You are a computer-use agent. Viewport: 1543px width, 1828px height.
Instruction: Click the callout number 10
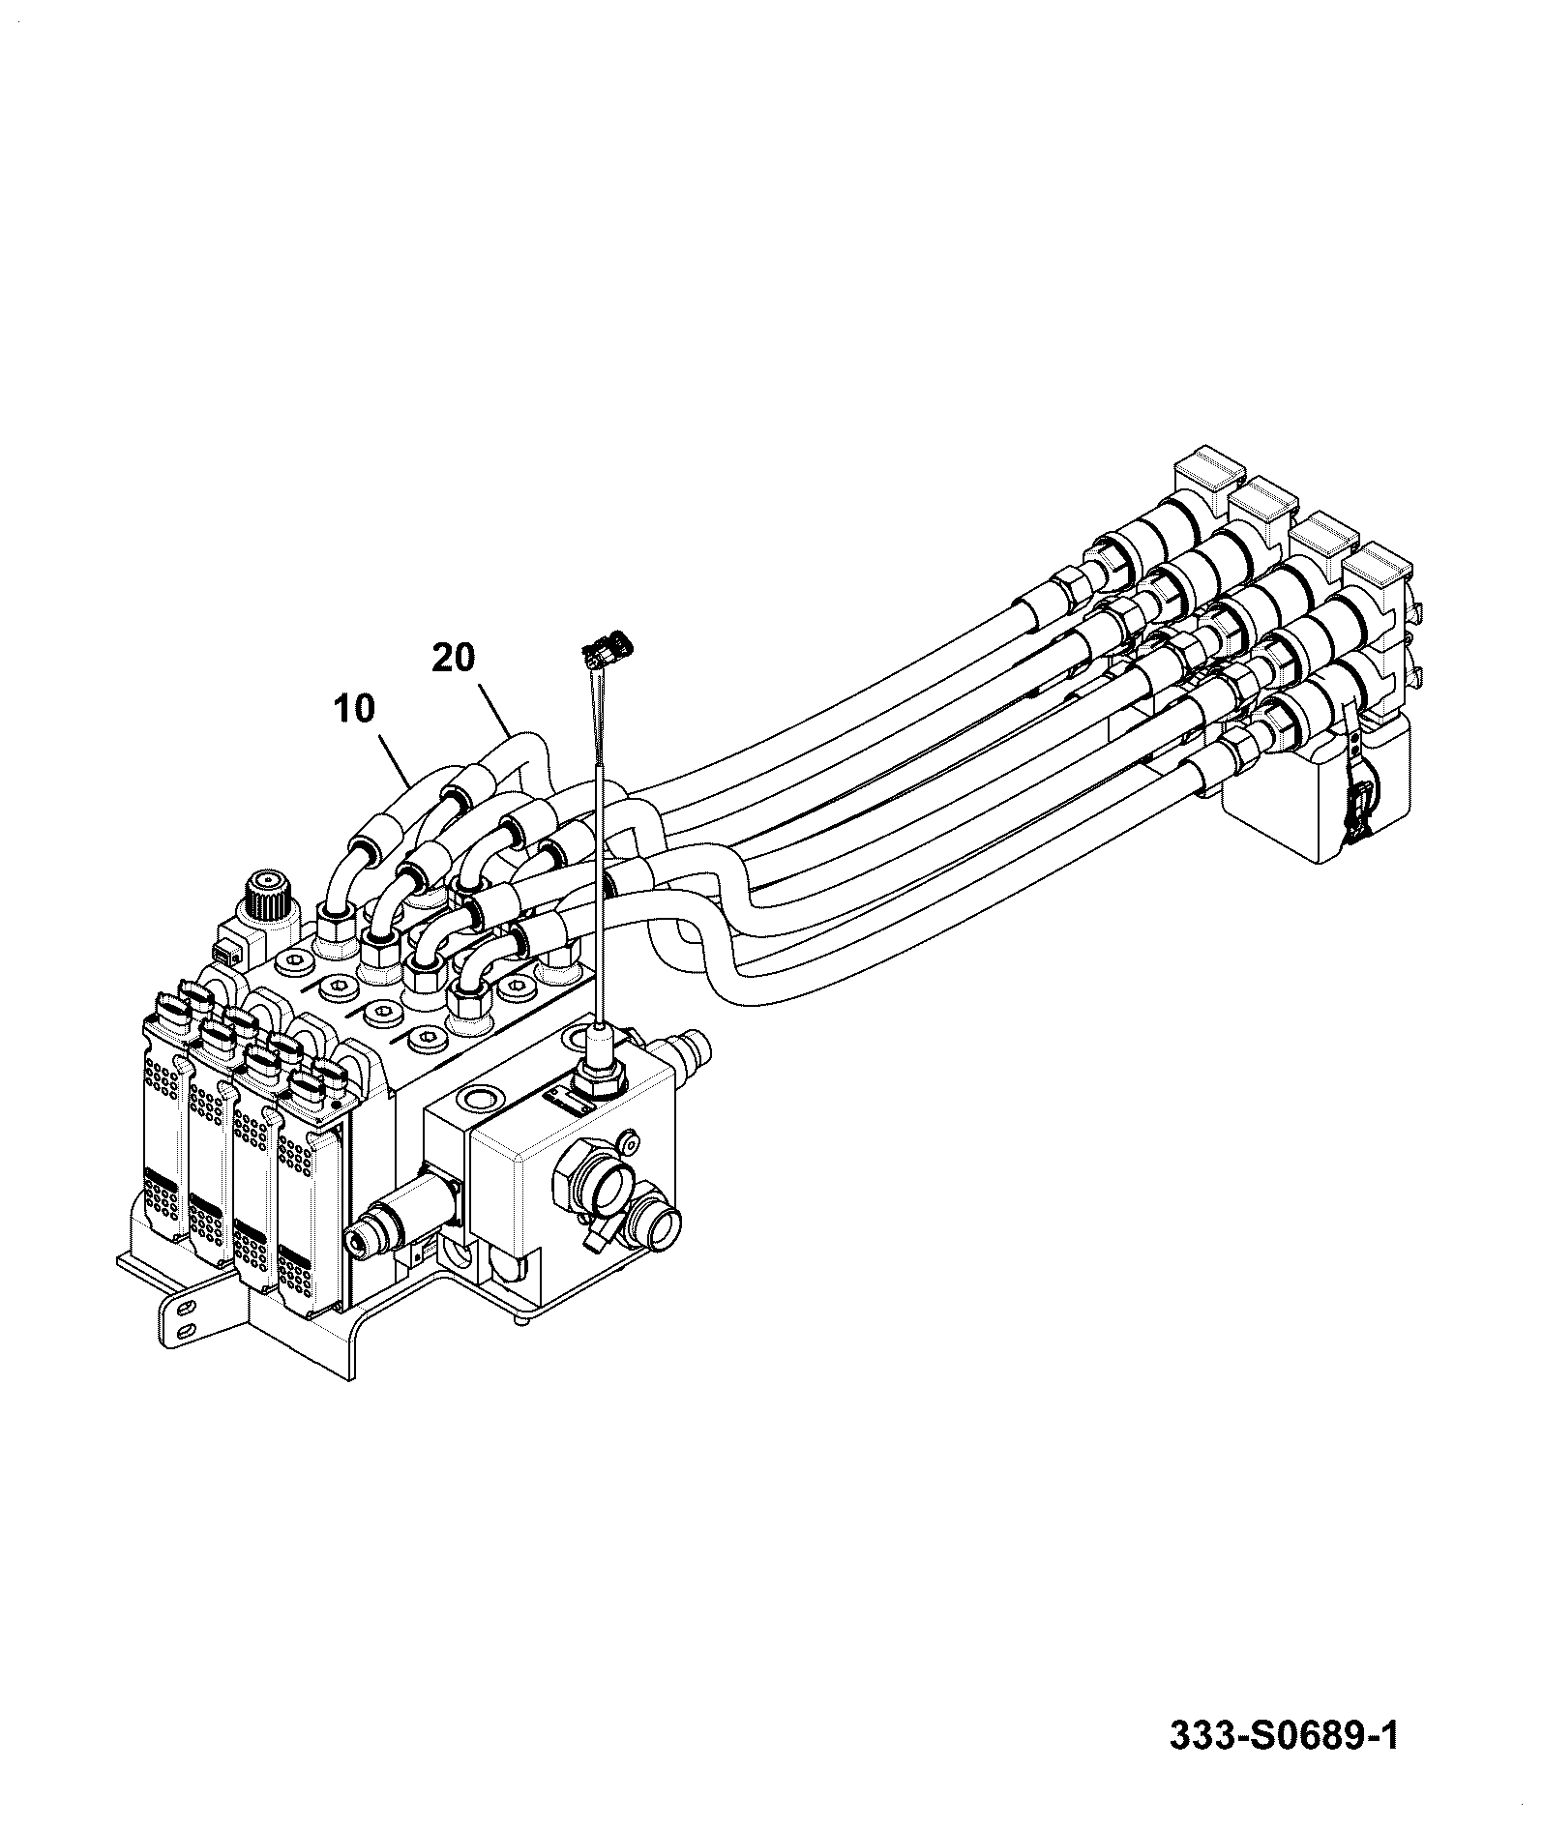pos(354,709)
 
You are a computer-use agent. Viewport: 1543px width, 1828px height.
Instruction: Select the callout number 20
pos(454,659)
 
